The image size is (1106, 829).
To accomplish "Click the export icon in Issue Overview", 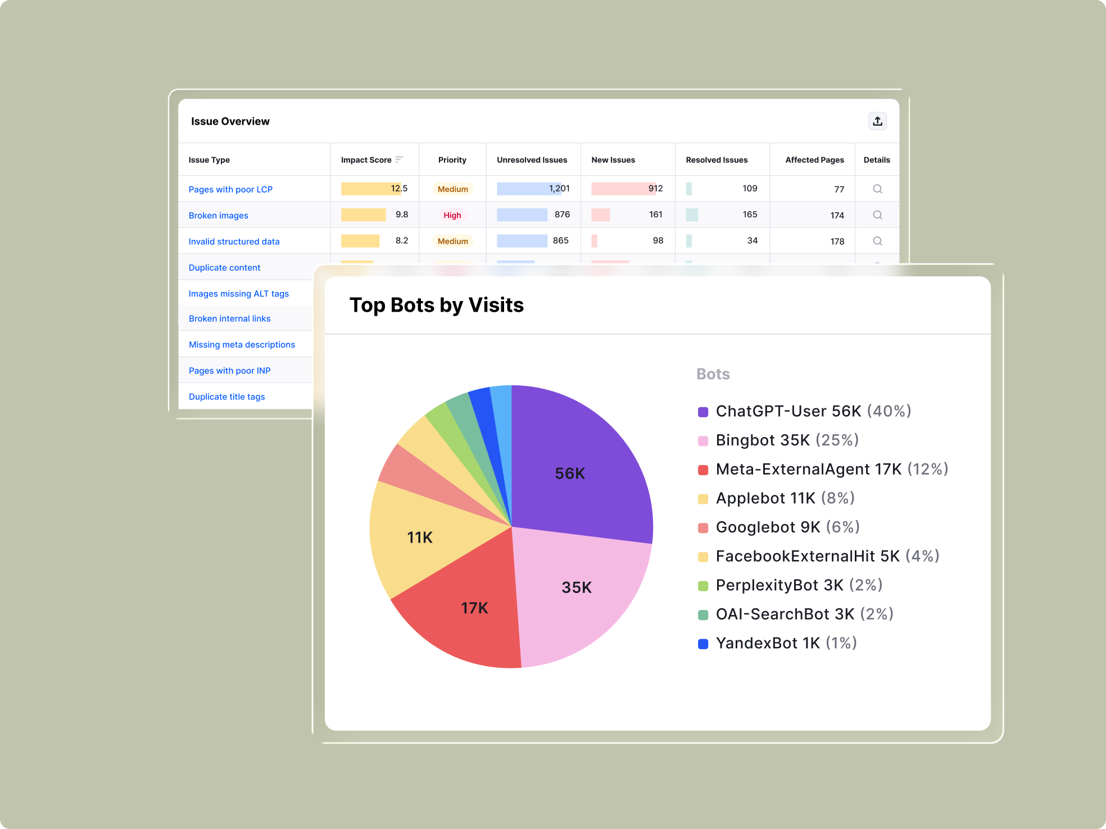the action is click(x=877, y=121).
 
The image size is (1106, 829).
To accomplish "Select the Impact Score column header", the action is click(x=366, y=160).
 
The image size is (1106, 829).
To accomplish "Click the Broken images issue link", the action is click(x=218, y=216).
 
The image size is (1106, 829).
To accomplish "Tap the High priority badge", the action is click(x=452, y=215).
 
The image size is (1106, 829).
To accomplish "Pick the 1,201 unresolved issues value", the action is click(x=559, y=189).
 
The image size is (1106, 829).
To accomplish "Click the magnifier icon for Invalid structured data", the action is click(x=877, y=241).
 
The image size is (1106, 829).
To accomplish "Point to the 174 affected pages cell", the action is click(x=837, y=216).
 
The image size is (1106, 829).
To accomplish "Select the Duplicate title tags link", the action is click(x=226, y=397).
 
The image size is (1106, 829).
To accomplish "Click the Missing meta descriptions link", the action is click(x=242, y=344).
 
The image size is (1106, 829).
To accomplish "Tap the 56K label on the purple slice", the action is click(x=570, y=473).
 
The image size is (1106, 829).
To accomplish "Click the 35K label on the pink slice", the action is click(x=577, y=587).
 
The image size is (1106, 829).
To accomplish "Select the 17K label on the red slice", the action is click(x=474, y=608).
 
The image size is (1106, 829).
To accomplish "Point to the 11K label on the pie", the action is click(x=420, y=538).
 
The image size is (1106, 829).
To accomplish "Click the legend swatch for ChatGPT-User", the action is click(x=703, y=412).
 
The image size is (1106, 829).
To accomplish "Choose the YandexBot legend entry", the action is click(x=777, y=643).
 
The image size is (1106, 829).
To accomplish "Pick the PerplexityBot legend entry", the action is click(x=790, y=585).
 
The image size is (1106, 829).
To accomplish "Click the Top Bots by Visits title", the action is click(x=437, y=305).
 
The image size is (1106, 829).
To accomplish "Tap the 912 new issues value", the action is click(x=655, y=189).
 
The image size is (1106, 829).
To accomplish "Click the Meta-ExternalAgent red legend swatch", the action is click(x=703, y=470).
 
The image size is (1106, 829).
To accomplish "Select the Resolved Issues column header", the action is click(x=717, y=160).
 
